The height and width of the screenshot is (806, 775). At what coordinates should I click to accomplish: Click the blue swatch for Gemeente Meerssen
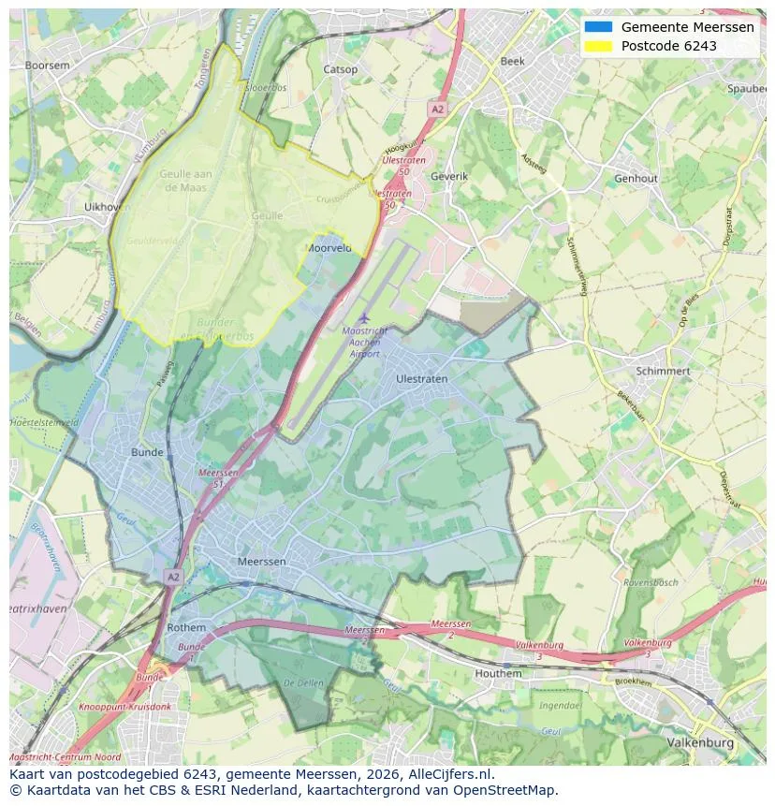click(597, 27)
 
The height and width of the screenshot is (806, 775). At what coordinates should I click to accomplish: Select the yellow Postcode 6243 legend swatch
click(597, 46)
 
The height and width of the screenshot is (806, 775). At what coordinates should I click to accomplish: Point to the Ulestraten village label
click(421, 379)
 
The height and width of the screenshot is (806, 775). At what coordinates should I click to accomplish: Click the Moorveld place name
click(329, 248)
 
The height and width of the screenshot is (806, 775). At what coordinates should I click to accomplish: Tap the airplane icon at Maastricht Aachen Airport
click(364, 318)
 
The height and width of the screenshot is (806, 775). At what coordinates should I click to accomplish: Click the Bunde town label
click(147, 452)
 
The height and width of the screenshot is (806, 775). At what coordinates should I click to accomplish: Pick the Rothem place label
click(185, 627)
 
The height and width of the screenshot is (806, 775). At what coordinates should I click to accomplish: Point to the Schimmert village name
click(663, 371)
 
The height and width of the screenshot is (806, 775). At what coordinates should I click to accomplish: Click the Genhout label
click(636, 178)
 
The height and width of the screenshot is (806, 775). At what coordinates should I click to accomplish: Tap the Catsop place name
click(340, 69)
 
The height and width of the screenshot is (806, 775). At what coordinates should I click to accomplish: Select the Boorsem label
click(47, 66)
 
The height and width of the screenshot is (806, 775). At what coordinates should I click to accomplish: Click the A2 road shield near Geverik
click(437, 110)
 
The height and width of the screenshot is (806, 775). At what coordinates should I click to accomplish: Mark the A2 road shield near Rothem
click(171, 577)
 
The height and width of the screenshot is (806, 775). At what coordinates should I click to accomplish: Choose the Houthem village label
click(498, 673)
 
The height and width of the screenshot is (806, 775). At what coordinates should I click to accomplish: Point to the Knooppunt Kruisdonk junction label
click(119, 707)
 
